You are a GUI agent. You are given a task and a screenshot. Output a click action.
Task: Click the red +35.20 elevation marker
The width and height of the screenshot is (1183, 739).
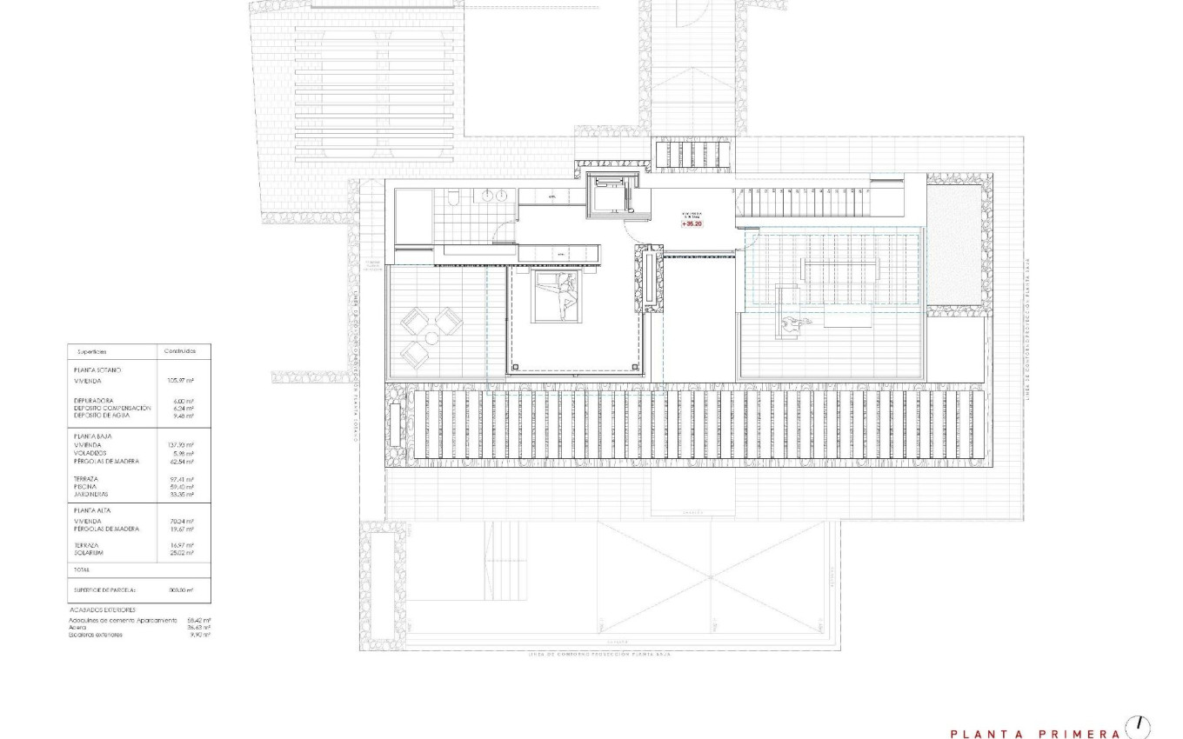click(x=692, y=223)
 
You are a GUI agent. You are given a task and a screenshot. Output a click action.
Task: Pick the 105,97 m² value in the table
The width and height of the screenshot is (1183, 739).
click(x=180, y=380)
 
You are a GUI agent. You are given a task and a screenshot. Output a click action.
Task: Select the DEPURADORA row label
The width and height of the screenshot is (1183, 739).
click(x=95, y=401)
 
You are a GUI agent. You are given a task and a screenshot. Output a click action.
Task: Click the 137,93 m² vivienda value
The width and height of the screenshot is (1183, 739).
click(x=180, y=445)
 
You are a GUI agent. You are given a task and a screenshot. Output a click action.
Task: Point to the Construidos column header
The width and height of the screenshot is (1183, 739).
click(x=180, y=351)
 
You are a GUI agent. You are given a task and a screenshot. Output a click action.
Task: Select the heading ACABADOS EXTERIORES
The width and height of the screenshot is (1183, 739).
click(x=103, y=610)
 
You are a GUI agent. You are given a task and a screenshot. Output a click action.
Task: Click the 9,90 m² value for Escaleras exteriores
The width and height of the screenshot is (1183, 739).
click(x=200, y=635)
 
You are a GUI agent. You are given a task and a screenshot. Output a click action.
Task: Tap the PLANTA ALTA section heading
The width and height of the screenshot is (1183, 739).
click(x=93, y=511)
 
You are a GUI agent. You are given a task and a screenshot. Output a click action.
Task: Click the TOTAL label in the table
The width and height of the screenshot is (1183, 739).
click(x=82, y=569)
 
